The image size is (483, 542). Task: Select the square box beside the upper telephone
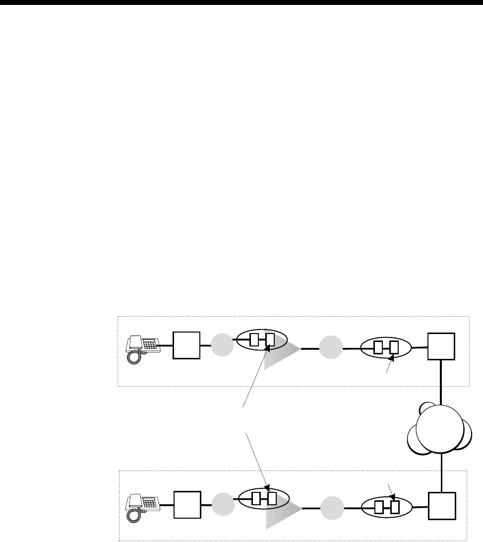186,345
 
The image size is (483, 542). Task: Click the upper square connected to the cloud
441,345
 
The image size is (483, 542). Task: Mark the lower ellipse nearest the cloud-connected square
387,507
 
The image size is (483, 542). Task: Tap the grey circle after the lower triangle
331,508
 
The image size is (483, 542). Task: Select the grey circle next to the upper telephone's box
222,345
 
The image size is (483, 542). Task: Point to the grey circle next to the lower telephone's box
223,505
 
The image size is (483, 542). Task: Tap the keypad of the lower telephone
149,501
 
